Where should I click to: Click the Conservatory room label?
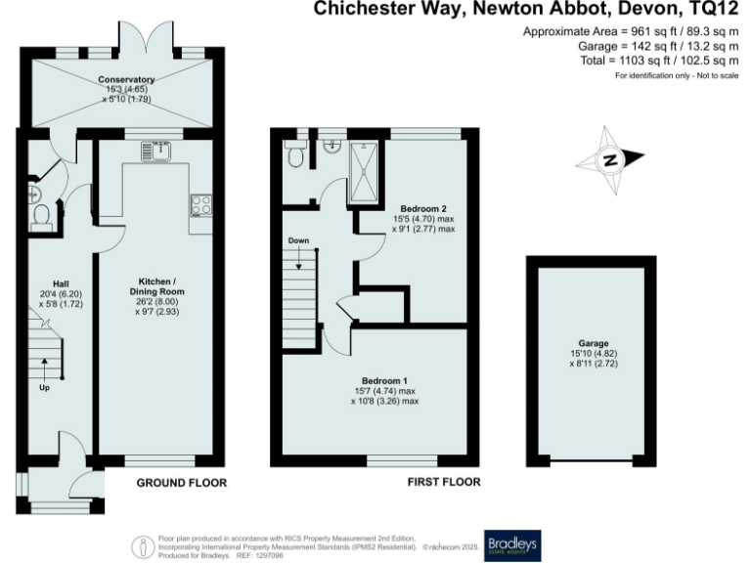[126, 79]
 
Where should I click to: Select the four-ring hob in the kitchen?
[202, 205]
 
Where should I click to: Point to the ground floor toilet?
[41, 216]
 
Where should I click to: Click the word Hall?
[45, 283]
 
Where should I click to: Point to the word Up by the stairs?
[45, 388]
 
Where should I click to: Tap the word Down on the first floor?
[299, 239]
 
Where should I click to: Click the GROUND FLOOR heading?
[181, 483]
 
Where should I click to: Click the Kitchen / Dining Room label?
[157, 285]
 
